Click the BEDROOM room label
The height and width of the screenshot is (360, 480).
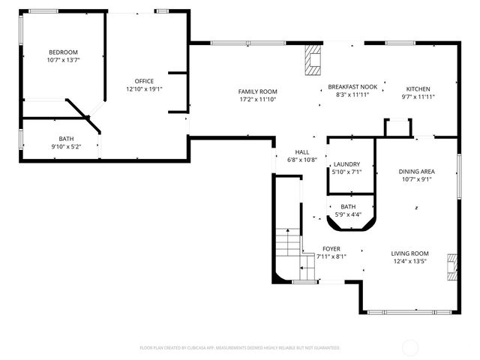pyautogui.click(x=62, y=52)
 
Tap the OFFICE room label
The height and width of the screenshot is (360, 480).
pyautogui.click(x=144, y=81)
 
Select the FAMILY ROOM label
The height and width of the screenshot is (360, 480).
pyautogui.click(x=258, y=91)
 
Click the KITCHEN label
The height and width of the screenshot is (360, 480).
pyautogui.click(x=418, y=88)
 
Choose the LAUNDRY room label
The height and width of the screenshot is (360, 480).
pyautogui.click(x=346, y=164)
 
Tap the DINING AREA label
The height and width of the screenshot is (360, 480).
pyautogui.click(x=416, y=171)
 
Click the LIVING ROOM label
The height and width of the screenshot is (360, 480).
pyautogui.click(x=409, y=253)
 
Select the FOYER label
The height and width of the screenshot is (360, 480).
pyautogui.click(x=331, y=248)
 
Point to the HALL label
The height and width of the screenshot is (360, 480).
pyautogui.click(x=302, y=151)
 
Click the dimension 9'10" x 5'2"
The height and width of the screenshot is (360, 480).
pyautogui.click(x=66, y=146)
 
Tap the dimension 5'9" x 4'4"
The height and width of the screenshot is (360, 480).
pyautogui.click(x=348, y=214)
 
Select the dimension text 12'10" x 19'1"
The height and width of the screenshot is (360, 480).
pyautogui.click(x=144, y=88)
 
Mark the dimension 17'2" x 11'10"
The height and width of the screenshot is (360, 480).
pyautogui.click(x=258, y=98)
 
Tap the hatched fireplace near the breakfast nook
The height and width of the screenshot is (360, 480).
pyautogui.click(x=311, y=59)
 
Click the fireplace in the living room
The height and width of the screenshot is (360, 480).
pyautogui.click(x=450, y=266)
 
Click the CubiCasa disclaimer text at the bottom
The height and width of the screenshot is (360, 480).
pyautogui.click(x=239, y=348)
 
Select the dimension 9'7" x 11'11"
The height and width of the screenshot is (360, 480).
pyautogui.click(x=418, y=96)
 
